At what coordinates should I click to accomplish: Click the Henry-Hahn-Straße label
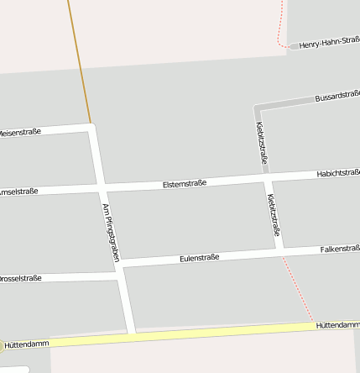point(329,43)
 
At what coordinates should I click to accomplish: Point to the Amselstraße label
point(18,192)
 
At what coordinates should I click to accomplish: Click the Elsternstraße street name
point(185,183)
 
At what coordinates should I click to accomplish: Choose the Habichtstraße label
point(337,173)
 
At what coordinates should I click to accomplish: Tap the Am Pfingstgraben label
point(110,233)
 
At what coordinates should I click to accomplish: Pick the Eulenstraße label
point(199,258)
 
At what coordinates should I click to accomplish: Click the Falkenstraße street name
point(339,249)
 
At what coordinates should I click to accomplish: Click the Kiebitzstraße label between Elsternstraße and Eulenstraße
point(274,215)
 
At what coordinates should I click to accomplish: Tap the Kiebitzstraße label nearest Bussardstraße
point(261,143)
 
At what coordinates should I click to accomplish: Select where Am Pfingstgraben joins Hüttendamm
point(131,336)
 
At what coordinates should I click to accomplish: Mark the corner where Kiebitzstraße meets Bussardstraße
point(257,108)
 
